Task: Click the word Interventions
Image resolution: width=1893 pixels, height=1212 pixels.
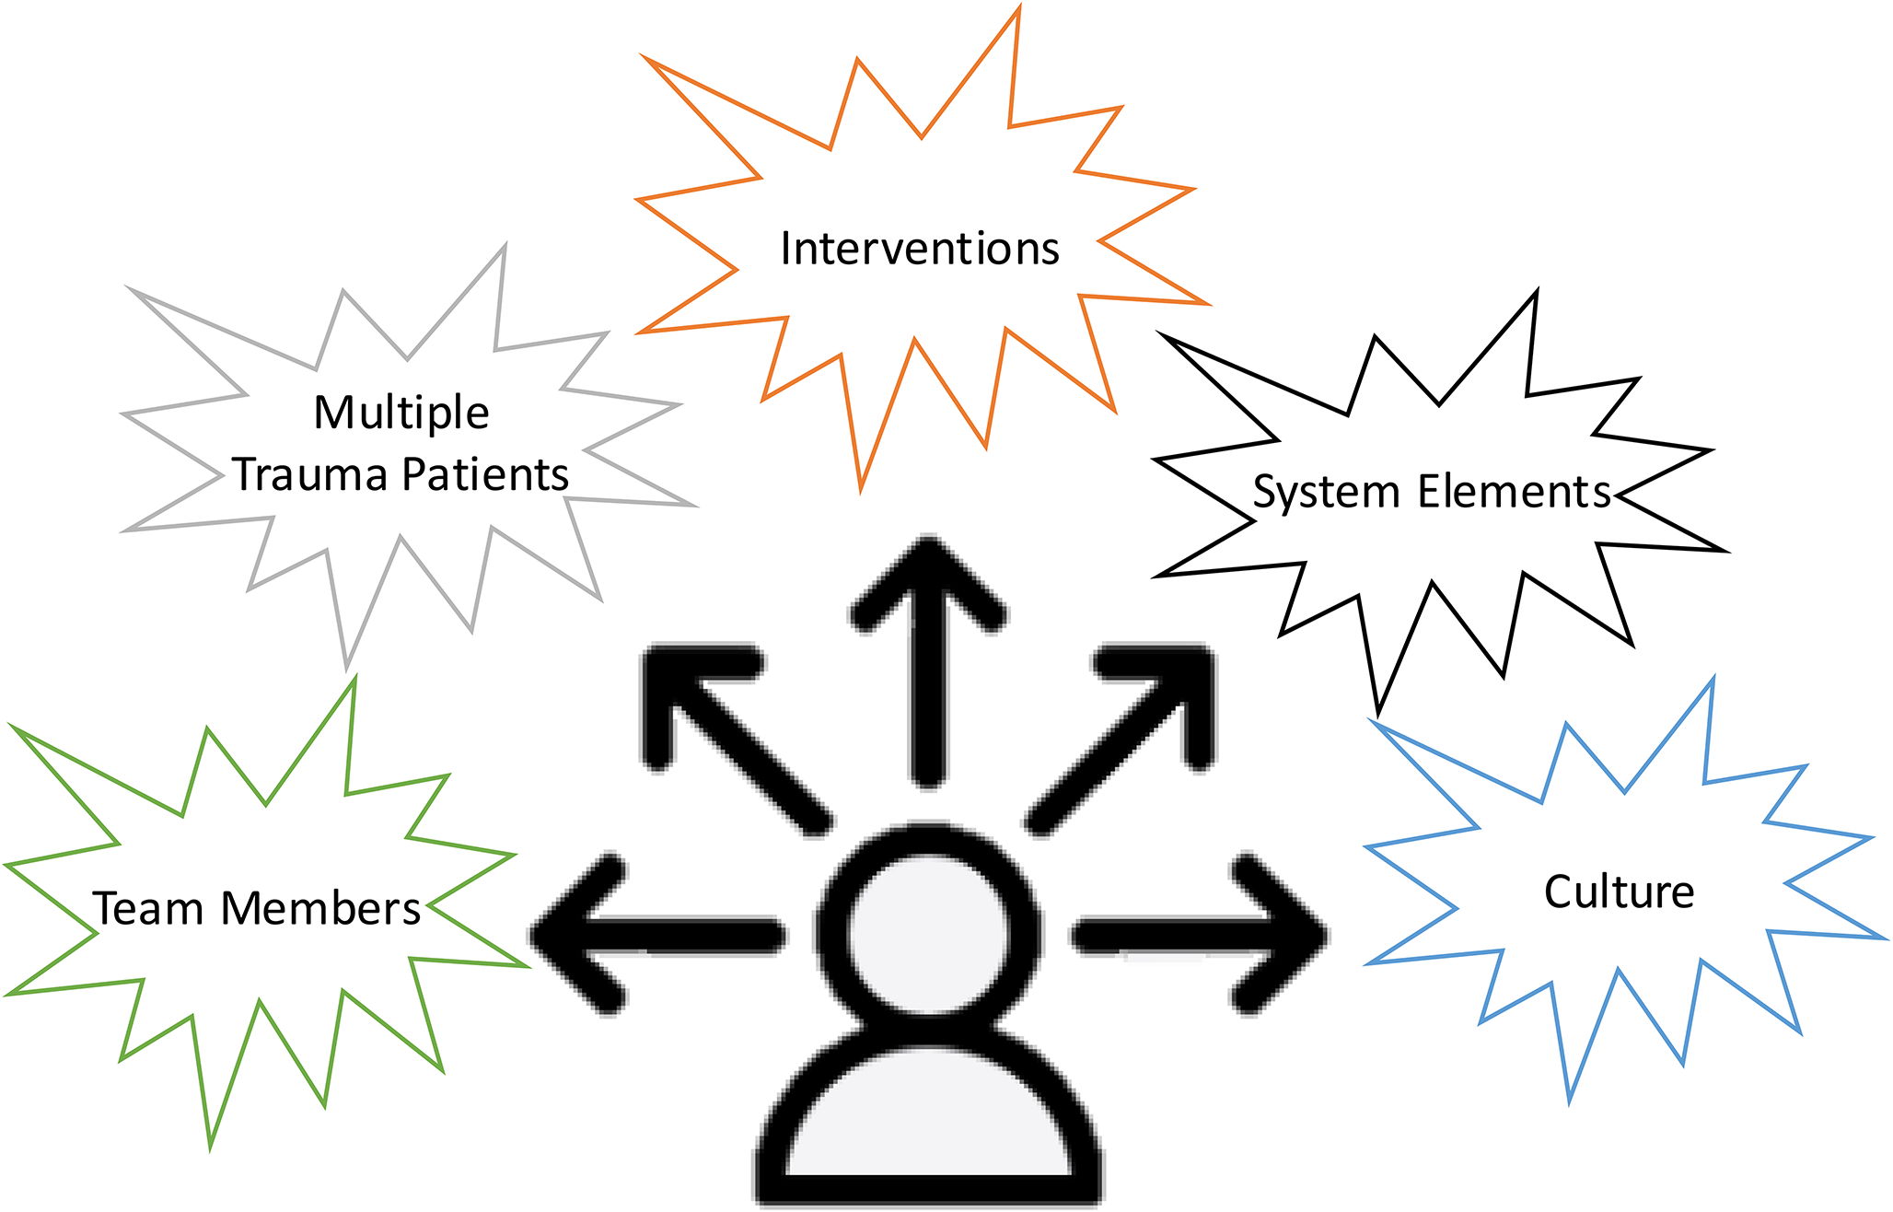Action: tap(920, 249)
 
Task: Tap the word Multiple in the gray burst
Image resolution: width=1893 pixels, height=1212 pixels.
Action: tap(401, 413)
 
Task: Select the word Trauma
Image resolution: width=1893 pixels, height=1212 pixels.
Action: tap(309, 475)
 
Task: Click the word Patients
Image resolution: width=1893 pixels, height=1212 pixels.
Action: tap(485, 475)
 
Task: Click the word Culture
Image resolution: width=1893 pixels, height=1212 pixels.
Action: tap(1619, 892)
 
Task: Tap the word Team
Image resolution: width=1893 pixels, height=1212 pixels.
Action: tap(148, 909)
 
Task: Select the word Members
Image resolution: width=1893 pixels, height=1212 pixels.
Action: tap(320, 909)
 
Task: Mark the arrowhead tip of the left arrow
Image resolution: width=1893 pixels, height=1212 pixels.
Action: tap(539, 935)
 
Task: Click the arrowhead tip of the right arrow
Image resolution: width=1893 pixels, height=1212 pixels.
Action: tap(1321, 935)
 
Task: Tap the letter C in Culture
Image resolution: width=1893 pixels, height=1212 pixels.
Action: tap(1558, 892)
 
